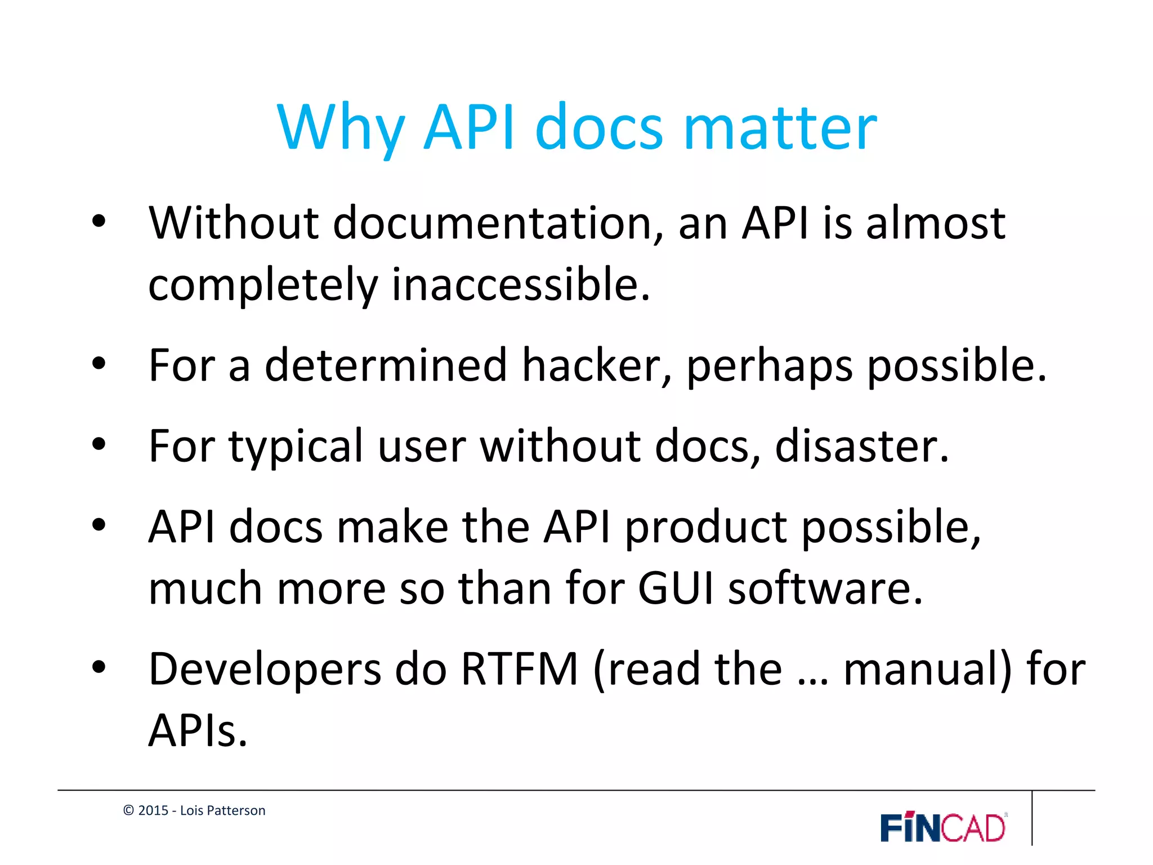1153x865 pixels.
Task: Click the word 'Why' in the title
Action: pyautogui.click(x=340, y=128)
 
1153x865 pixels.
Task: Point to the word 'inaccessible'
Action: pyautogui.click(x=520, y=284)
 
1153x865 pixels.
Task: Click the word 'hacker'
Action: pyautogui.click(x=597, y=365)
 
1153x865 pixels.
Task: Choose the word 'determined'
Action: pyautogui.click(x=386, y=365)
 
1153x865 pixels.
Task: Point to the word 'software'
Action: pyautogui.click(x=825, y=588)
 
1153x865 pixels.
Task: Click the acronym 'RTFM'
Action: pyautogui.click(x=520, y=670)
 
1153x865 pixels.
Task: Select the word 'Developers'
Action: pyautogui.click(x=265, y=670)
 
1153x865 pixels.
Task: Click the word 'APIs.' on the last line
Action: pyautogui.click(x=198, y=731)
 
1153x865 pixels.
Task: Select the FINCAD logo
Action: pyautogui.click(x=944, y=827)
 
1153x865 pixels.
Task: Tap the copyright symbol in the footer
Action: pyautogui.click(x=128, y=810)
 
